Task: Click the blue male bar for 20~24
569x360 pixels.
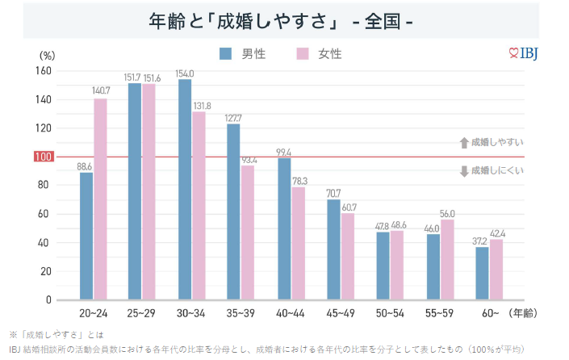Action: [86, 236]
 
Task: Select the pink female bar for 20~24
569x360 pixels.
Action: [100, 199]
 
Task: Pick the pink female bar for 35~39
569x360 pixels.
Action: [248, 232]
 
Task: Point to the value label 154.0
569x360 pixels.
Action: [186, 73]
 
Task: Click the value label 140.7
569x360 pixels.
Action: [102, 91]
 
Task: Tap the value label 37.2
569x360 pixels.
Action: [481, 241]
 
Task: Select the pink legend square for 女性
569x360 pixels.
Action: [303, 54]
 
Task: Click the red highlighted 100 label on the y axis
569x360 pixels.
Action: [43, 157]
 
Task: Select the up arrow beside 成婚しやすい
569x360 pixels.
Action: [464, 143]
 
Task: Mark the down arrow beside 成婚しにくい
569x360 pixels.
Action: [464, 171]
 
